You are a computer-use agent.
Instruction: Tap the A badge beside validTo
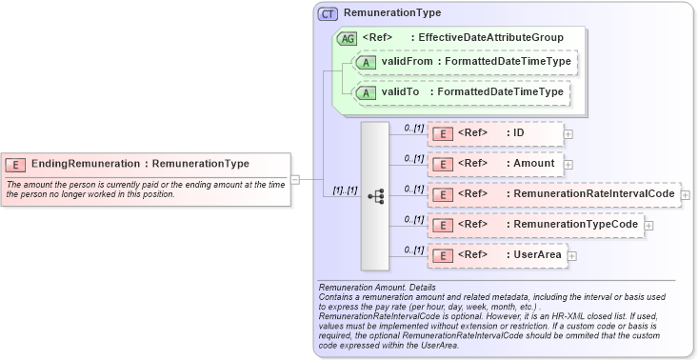click(365, 93)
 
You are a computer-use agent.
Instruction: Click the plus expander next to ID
click(568, 133)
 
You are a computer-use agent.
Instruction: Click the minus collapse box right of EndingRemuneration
click(295, 178)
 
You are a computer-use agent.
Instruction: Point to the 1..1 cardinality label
click(344, 190)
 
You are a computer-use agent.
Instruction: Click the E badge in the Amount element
click(442, 164)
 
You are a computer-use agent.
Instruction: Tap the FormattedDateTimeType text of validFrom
click(510, 62)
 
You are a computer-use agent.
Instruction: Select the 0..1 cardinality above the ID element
click(413, 127)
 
